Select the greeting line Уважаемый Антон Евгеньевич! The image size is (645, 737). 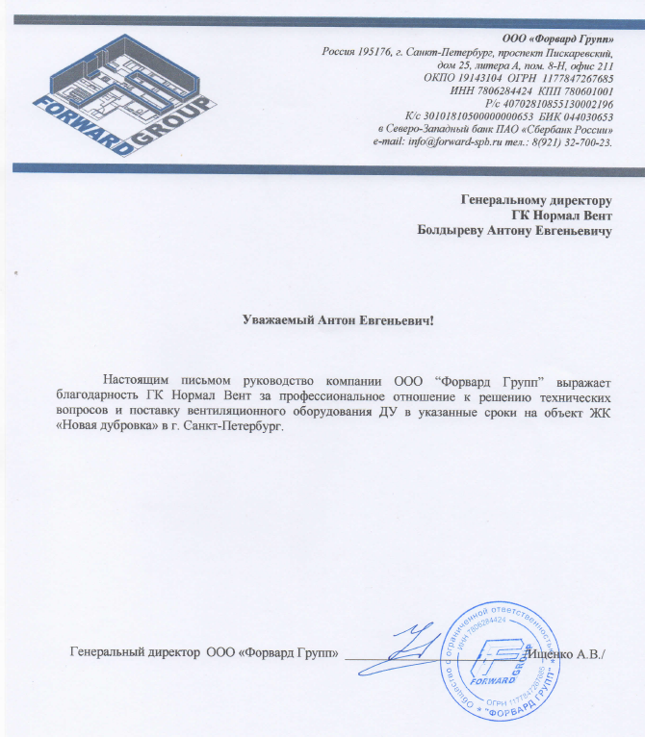coord(339,318)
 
